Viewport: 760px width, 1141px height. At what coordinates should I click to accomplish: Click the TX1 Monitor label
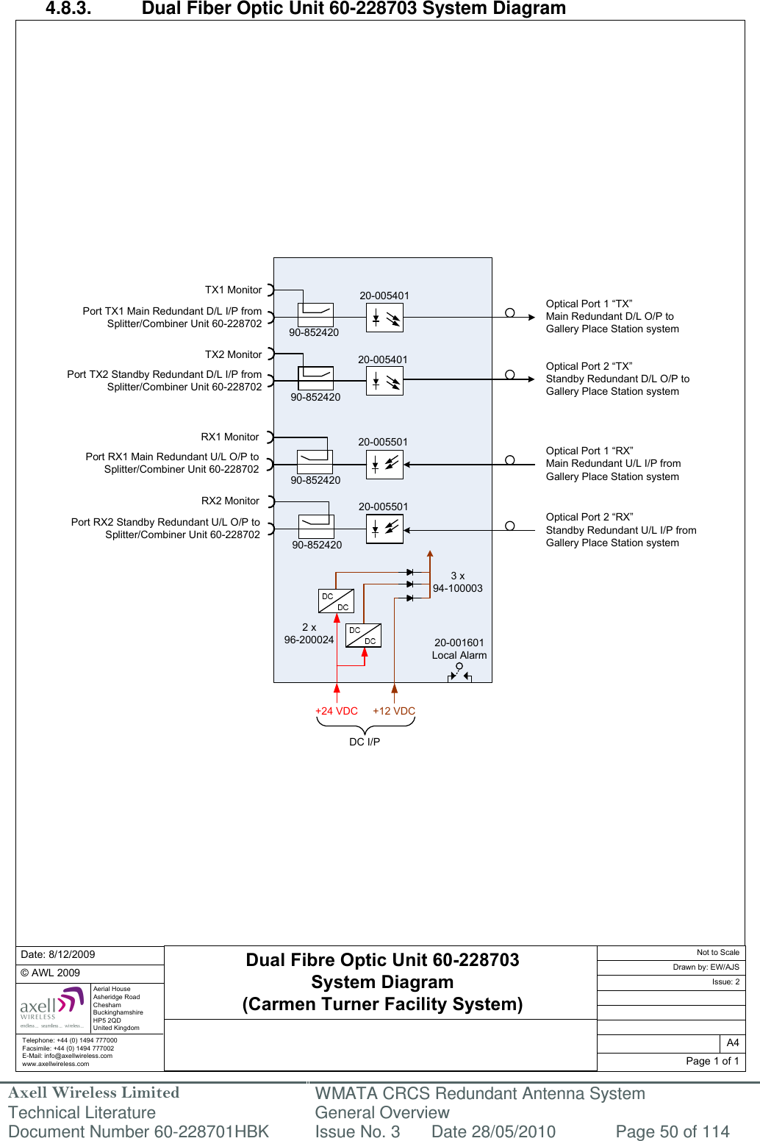point(233,290)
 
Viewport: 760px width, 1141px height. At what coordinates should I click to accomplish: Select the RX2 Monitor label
point(230,501)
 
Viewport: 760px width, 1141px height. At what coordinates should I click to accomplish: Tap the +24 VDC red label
point(336,711)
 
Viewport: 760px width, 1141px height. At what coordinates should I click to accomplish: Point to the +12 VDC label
point(394,711)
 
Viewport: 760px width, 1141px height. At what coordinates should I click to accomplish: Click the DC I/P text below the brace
point(365,742)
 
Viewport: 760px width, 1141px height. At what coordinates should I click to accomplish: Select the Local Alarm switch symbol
point(459,672)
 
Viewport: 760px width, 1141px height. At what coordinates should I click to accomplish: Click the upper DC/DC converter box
point(336,601)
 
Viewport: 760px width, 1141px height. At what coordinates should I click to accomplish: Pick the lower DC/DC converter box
point(363,635)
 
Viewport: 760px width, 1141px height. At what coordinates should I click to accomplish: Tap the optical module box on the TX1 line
point(384,318)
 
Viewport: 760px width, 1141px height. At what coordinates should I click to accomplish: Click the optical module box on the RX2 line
point(384,529)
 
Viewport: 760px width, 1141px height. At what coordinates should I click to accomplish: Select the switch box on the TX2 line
point(315,378)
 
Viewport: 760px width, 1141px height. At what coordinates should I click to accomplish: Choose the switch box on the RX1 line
point(315,462)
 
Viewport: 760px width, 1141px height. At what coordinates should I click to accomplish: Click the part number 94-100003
point(457,588)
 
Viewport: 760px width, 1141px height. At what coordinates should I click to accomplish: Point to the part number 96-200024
point(309,640)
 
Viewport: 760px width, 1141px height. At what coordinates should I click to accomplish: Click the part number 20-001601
point(459,643)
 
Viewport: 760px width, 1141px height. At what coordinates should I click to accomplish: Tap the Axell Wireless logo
point(52,1007)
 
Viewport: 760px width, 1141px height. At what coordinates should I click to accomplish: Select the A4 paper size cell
point(732,1042)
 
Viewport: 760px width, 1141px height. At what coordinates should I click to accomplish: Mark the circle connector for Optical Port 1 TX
point(509,312)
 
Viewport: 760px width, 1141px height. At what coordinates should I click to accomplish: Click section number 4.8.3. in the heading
point(68,9)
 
